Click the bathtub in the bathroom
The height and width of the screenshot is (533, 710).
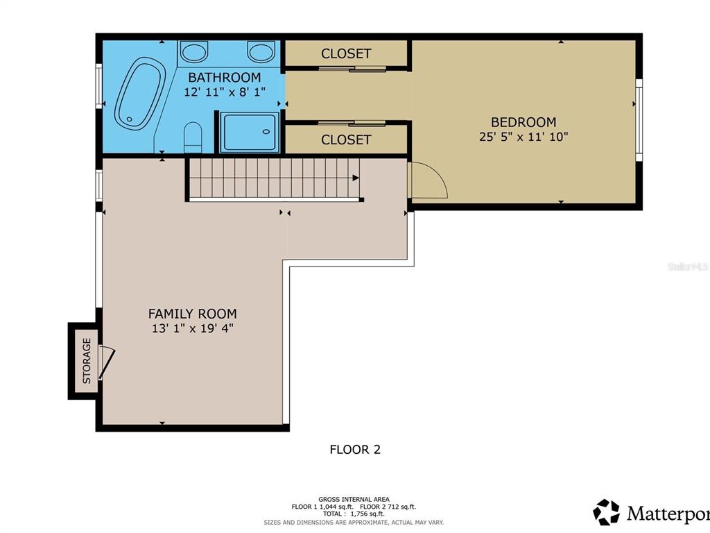pos(140,94)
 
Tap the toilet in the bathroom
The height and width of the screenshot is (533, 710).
pos(193,137)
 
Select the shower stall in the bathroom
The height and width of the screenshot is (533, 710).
pos(249,133)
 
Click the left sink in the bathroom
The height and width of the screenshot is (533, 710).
pos(193,51)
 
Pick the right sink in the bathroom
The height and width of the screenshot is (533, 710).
pos(261,51)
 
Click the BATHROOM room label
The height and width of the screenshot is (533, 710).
pos(225,78)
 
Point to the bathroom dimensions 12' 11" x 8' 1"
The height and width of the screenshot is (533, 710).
pos(225,92)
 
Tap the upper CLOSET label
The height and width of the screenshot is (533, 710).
pos(346,54)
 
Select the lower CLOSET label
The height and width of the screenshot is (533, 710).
pos(346,139)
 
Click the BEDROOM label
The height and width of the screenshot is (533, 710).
pos(523,122)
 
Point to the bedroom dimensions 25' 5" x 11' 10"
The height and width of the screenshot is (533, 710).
pos(523,137)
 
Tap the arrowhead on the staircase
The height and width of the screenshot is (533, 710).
pos(356,178)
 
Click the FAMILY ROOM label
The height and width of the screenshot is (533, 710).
pos(193,314)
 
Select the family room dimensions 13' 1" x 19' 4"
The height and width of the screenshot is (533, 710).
pos(193,328)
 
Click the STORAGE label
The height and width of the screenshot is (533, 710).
pos(87,361)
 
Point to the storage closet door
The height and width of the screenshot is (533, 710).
pos(107,362)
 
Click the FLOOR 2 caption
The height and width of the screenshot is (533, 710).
pos(355,450)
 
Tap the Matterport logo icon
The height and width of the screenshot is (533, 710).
pos(606,512)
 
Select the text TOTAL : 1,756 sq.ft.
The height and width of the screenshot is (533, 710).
pos(354,514)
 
